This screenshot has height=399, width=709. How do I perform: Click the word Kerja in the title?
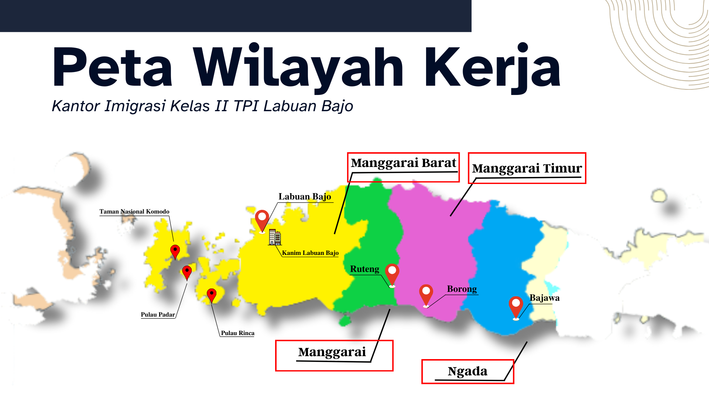pyautogui.click(x=492, y=67)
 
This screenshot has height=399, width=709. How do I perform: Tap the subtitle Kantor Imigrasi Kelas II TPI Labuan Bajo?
pyautogui.click(x=202, y=106)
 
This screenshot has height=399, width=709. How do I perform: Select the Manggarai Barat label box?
pyautogui.click(x=403, y=167)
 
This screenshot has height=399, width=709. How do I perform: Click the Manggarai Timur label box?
pyautogui.click(x=527, y=168)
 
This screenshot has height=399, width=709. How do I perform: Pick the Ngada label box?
pyautogui.click(x=467, y=371)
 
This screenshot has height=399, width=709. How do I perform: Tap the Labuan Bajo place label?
pyautogui.click(x=305, y=197)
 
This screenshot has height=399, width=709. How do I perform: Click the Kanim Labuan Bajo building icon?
pyautogui.click(x=275, y=237)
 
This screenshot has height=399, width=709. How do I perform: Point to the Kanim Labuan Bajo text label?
pyautogui.click(x=310, y=253)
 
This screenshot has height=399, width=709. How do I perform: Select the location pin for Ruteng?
pyautogui.click(x=392, y=274)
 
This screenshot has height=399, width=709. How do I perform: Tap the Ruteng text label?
pyautogui.click(x=364, y=269)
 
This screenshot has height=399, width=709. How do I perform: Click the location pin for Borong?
pyautogui.click(x=426, y=294)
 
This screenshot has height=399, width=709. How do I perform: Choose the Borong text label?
pyautogui.click(x=462, y=289)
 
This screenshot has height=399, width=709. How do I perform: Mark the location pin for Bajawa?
pyautogui.click(x=516, y=306)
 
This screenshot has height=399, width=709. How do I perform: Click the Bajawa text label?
pyautogui.click(x=544, y=298)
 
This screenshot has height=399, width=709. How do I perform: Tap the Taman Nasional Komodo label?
pyautogui.click(x=134, y=212)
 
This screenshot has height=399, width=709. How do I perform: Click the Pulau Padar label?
pyautogui.click(x=158, y=315)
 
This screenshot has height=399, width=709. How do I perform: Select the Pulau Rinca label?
pyautogui.click(x=237, y=333)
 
